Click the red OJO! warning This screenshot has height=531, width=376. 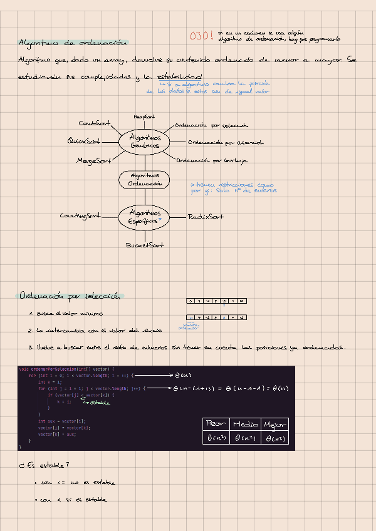tap(202, 36)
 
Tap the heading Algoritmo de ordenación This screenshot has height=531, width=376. tap(73, 43)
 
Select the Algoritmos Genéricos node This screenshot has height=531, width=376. tap(145, 141)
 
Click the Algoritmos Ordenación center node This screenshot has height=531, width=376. tap(145, 180)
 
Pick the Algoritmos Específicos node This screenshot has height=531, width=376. tap(145, 217)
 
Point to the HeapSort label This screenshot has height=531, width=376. tap(144, 116)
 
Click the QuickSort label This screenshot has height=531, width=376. tap(84, 141)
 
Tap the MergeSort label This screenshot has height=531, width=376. tap(93, 160)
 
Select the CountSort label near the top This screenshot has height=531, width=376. tap(95, 123)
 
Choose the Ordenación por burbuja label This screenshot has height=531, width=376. tap(212, 160)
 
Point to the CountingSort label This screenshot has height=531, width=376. tap(80, 216)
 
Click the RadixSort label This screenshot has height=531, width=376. tap(206, 217)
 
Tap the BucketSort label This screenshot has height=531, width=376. tap(145, 245)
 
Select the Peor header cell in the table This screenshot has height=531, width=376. tap(216, 425)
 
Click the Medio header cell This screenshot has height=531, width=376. tap(245, 425)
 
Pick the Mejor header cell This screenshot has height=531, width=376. tap(276, 425)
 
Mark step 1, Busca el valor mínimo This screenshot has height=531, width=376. tap(66, 314)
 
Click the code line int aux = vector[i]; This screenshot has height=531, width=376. tap(61, 422)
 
